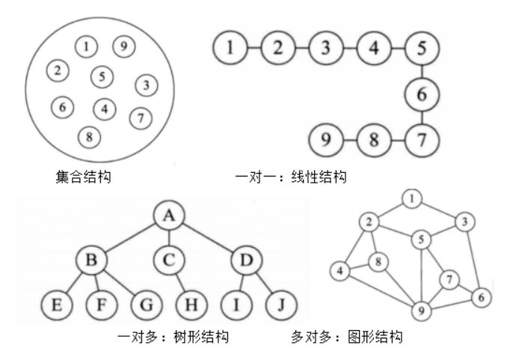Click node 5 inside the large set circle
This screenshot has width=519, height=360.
click(102, 76)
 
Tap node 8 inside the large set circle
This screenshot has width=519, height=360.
click(90, 137)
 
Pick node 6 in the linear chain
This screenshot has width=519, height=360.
click(421, 94)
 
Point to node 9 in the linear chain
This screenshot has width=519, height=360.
click(325, 139)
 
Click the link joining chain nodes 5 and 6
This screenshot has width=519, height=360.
click(421, 72)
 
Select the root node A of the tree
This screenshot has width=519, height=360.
click(171, 216)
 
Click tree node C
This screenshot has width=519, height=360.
click(171, 261)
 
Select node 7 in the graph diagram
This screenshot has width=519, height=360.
click(449, 281)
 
